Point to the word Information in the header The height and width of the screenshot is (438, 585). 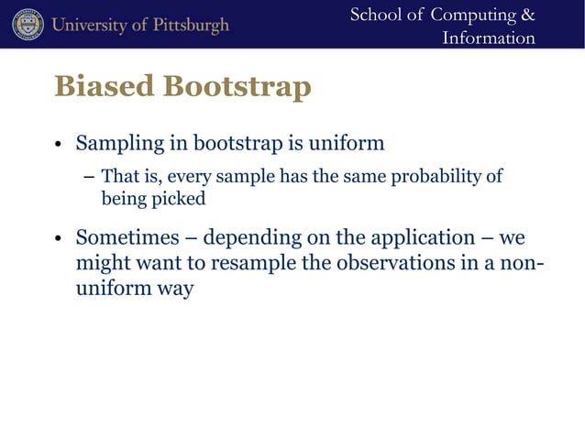[x=488, y=38]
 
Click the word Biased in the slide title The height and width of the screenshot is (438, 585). [x=104, y=87]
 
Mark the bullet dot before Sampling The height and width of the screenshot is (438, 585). [x=58, y=146]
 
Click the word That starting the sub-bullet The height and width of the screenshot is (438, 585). [x=116, y=176]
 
